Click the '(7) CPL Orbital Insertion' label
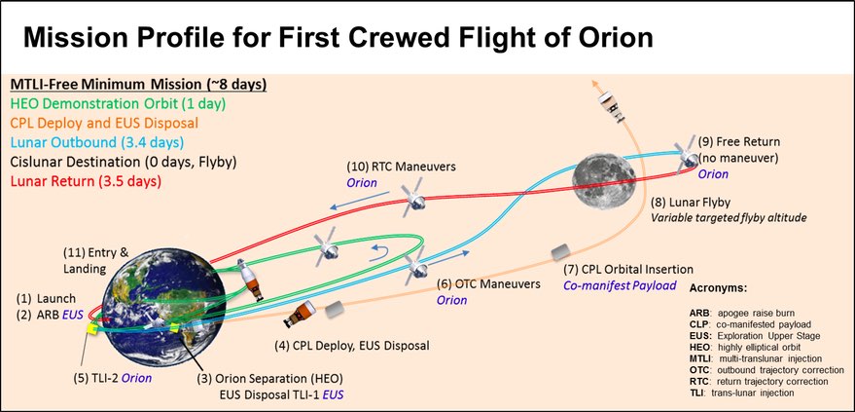pos(630,270)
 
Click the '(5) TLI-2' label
pos(105,377)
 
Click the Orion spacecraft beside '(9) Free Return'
pos(688,154)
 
